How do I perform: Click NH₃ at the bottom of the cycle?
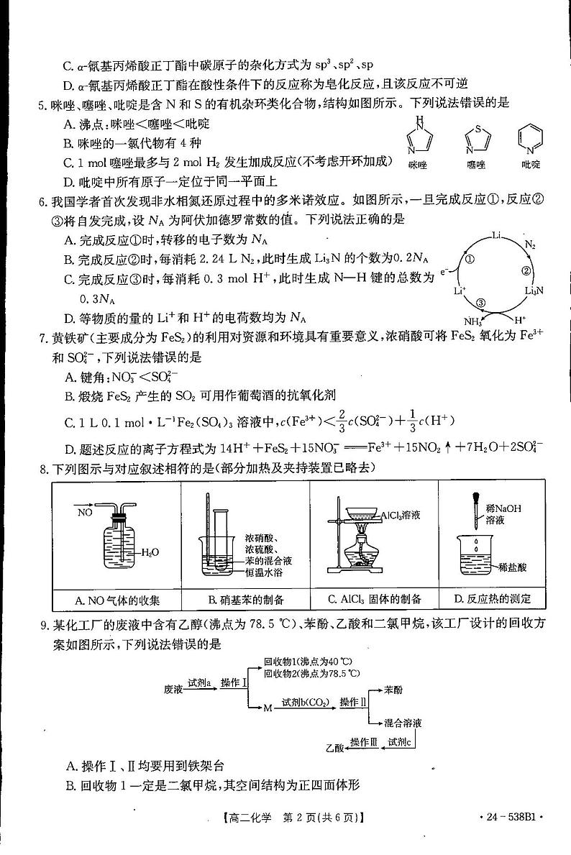coord(472,321)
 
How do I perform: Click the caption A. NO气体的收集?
coord(117,599)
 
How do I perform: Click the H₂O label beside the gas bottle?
coord(150,552)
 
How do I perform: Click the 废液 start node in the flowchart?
coord(174,688)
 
